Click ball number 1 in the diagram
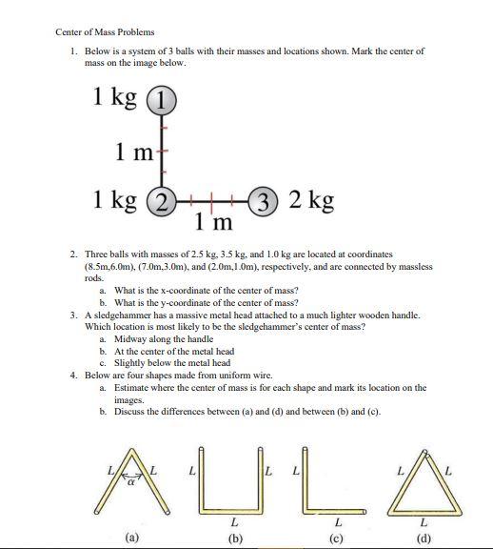click(x=164, y=98)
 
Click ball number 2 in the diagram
click(x=164, y=200)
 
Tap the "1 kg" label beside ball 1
click(x=115, y=97)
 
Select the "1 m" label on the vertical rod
click(x=131, y=150)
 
